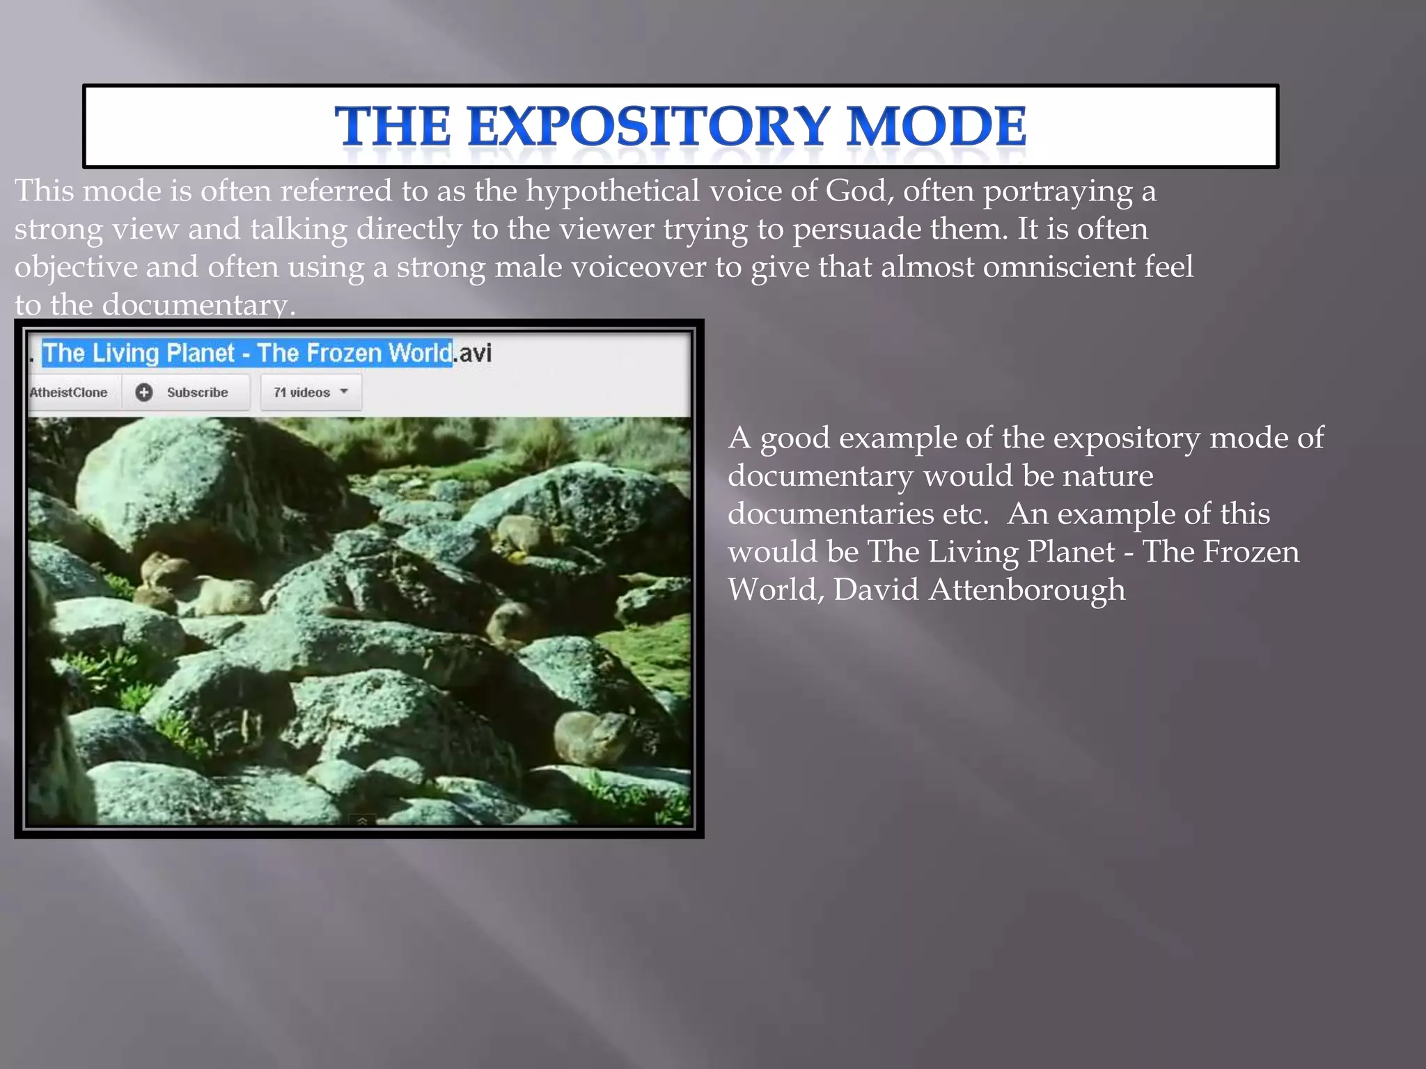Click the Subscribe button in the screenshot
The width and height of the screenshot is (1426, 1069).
point(197,393)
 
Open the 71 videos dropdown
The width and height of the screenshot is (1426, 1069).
point(311,393)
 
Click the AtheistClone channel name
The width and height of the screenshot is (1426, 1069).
point(68,393)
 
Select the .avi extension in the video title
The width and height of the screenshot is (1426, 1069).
point(473,353)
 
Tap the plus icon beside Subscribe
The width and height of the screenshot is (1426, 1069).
point(144,393)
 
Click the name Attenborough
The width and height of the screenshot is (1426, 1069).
point(1026,590)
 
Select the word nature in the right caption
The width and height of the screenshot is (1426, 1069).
point(1108,476)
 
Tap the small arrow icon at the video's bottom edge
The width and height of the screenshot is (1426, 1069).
point(362,822)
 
